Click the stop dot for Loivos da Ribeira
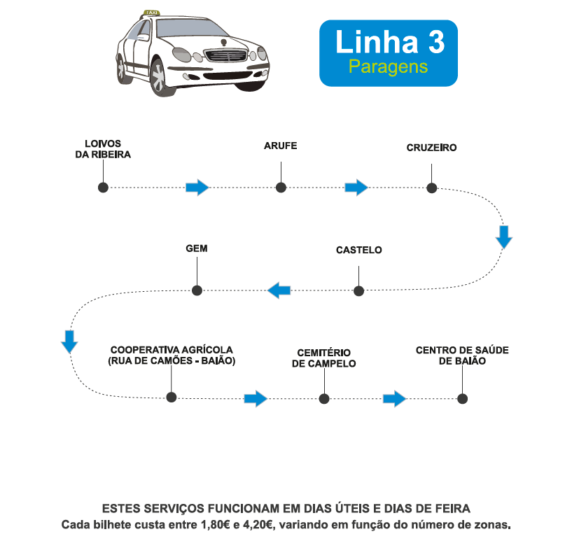pos(103,188)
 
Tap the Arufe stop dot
pos(281,188)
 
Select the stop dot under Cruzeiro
pos(432,188)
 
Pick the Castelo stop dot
pos(358,290)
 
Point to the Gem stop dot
pos(197,290)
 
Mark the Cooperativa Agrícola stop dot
pos(171,398)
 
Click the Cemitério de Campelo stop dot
pos(323,398)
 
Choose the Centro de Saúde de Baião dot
pos(462,398)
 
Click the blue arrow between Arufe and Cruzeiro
pos(356,188)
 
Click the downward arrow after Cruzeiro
pos(504,237)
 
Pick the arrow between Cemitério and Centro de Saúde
pos(395,399)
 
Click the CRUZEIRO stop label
pos(431,148)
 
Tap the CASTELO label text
pos(358,250)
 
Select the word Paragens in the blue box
pos(388,67)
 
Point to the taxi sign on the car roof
pos(150,13)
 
